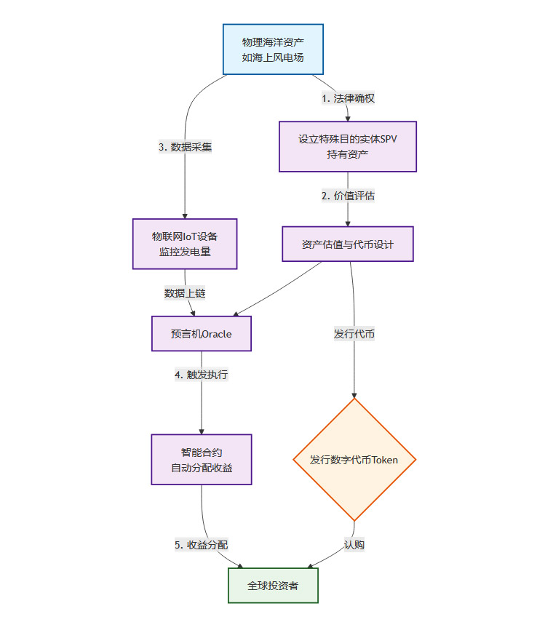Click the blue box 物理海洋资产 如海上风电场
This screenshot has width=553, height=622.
[273, 49]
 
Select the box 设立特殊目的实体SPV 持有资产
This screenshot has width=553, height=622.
[348, 146]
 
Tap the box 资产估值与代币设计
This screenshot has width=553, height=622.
[348, 244]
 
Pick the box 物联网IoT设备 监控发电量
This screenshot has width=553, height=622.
[185, 244]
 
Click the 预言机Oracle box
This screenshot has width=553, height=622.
[201, 334]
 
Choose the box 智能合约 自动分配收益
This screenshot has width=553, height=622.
[202, 460]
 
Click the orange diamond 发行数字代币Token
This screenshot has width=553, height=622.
[354, 460]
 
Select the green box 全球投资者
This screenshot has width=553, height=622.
[273, 586]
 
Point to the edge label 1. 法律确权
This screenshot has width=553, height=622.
[349, 98]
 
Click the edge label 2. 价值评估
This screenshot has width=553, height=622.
[349, 196]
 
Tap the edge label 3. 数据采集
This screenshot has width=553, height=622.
[185, 147]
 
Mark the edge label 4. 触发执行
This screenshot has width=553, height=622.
[201, 375]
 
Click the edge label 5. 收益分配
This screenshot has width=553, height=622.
[202, 545]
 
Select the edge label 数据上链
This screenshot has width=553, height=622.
[185, 293]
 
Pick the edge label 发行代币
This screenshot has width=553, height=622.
[354, 335]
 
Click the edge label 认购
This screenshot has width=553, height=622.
[354, 545]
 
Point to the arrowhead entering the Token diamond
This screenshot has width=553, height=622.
[354, 394]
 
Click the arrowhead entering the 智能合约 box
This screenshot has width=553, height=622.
[202, 431]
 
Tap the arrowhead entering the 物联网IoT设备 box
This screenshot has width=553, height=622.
[185, 215]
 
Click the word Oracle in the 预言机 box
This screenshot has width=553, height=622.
[216, 335]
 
